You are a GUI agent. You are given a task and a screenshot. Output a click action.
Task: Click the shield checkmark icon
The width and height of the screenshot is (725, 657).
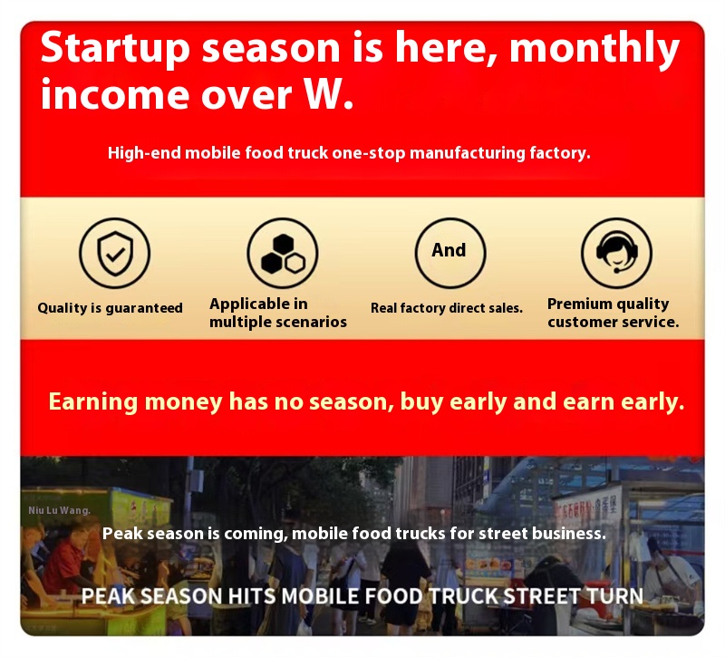click(x=115, y=254)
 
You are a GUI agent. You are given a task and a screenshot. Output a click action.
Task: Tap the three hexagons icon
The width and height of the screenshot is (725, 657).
click(x=283, y=254)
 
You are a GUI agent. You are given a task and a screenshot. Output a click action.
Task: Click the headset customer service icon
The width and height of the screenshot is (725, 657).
click(x=617, y=254)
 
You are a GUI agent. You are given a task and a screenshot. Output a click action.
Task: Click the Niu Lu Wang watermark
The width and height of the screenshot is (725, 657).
click(x=59, y=510)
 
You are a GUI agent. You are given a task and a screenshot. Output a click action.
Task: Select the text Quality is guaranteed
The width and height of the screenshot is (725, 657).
click(x=110, y=308)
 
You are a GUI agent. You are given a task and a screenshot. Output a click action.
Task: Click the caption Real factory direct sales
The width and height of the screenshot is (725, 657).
click(x=447, y=308)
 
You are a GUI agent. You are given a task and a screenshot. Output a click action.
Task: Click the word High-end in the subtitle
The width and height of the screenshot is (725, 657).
click(x=144, y=153)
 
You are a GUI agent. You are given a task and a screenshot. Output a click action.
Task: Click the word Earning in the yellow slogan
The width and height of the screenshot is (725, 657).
click(x=93, y=401)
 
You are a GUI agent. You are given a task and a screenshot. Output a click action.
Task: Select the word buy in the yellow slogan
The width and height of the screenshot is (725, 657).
click(x=421, y=402)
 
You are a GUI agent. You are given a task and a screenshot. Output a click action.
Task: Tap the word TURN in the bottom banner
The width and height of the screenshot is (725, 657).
click(x=615, y=596)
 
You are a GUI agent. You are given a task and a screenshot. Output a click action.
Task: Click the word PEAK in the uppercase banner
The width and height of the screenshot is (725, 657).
click(x=108, y=596)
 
